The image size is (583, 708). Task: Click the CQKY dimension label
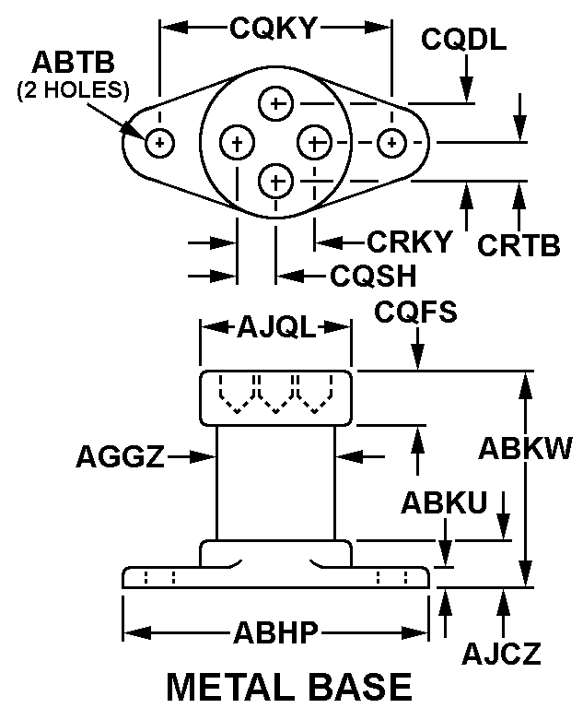click(274, 29)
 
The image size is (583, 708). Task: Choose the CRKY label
click(410, 242)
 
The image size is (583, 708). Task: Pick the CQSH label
click(372, 275)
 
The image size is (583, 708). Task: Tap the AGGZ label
click(120, 456)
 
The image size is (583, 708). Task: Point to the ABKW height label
click(526, 447)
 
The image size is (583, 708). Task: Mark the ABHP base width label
click(275, 633)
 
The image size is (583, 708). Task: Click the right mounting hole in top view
click(392, 143)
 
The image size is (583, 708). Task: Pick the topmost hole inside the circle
click(274, 103)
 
